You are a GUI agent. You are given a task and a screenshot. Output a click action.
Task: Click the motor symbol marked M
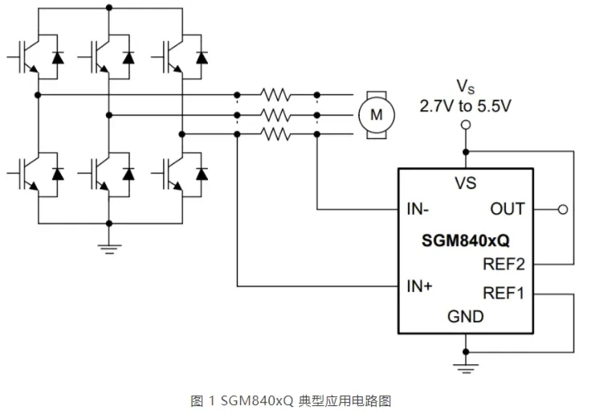tap(375, 115)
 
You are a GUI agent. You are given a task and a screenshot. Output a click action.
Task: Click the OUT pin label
tap(507, 209)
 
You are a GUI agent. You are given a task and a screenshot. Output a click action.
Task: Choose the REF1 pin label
tap(503, 293)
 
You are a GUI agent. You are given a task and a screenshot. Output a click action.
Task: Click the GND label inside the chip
tap(465, 316)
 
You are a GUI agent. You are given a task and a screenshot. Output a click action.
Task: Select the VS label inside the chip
tap(465, 183)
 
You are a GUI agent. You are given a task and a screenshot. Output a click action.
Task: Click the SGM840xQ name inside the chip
tap(465, 240)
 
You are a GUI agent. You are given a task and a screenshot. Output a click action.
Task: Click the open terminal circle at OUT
tap(562, 210)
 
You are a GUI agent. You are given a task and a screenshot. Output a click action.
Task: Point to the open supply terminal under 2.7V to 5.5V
tap(464, 125)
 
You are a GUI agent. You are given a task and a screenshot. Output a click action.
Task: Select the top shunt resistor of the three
tap(276, 95)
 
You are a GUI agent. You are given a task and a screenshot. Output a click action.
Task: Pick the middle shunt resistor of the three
tap(276, 115)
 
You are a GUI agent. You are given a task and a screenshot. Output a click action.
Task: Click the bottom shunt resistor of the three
tap(276, 134)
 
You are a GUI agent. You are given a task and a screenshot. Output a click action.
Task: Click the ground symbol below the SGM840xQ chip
tap(465, 366)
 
